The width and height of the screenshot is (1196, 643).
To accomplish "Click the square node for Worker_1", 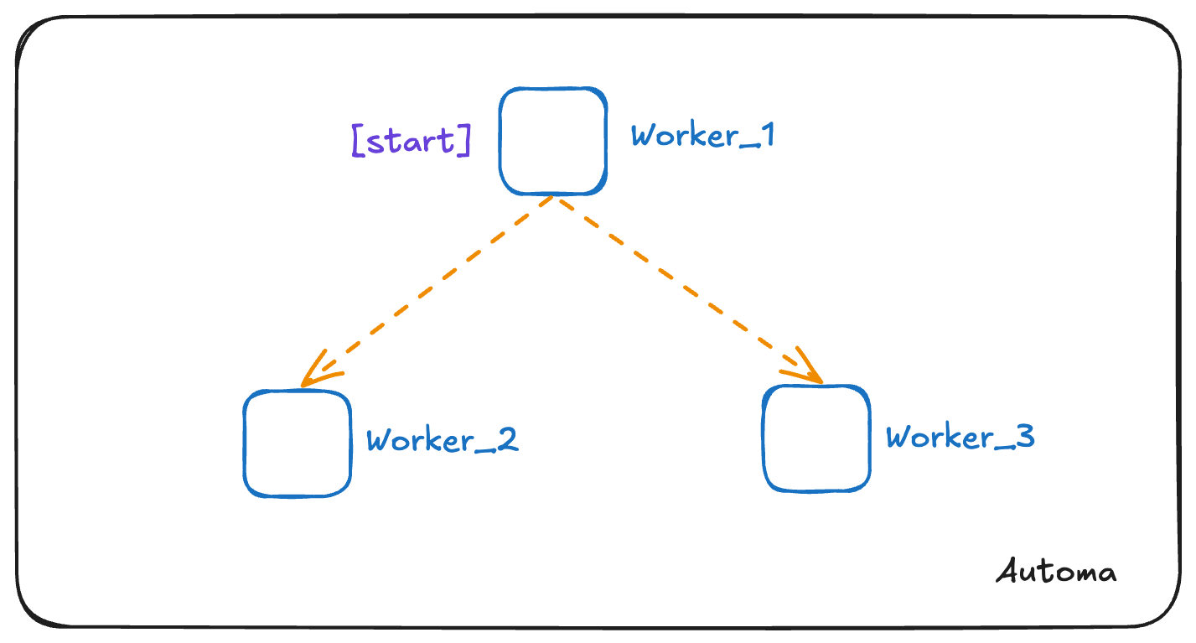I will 552,141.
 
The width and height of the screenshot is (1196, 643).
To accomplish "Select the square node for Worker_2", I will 297,443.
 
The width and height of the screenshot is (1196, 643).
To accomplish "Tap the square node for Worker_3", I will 815,438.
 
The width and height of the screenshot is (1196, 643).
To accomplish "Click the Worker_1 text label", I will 702,136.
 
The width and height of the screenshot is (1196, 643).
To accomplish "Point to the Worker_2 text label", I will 443,441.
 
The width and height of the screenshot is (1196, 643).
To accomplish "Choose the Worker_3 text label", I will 960,438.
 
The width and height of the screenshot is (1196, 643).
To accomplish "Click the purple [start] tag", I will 411,141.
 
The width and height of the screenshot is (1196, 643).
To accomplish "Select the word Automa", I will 1057,572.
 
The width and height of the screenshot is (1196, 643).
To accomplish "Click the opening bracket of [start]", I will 358,142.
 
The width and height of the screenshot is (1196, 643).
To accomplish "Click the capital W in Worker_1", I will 645,136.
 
